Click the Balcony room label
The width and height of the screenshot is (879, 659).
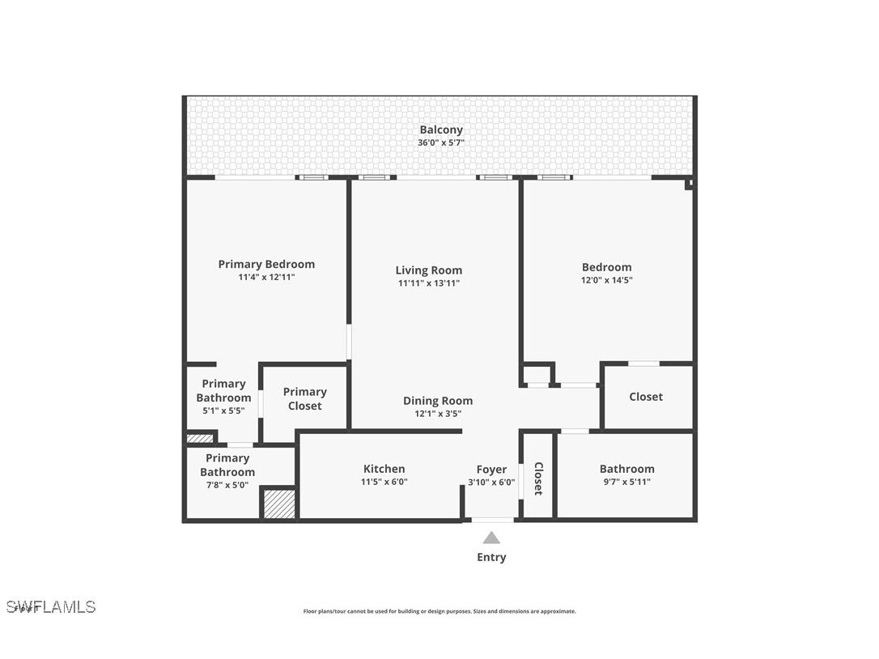coord(440,130)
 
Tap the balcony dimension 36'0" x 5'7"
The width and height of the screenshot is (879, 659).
coord(440,143)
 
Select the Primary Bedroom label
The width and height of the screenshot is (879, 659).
coord(266,264)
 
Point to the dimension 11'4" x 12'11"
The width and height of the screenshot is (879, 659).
coord(266,277)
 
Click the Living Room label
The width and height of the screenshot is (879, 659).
coord(429,270)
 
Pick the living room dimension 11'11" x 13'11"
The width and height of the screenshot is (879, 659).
coord(429,283)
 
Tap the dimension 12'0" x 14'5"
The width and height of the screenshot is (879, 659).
coord(606,280)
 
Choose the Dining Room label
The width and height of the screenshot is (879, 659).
coord(438,401)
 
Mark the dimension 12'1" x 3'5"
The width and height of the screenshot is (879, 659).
coord(438,414)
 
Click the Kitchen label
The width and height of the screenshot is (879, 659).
coord(384,469)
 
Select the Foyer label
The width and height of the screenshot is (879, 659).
coord(491,470)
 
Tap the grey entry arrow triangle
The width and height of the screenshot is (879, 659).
coord(491,538)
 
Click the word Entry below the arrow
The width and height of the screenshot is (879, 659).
coord(491,557)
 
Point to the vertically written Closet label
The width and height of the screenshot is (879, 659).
coord(538,478)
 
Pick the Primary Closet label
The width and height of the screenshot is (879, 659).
coord(305,398)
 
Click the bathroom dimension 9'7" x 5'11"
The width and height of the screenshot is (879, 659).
coord(626,482)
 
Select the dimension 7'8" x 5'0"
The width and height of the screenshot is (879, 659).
coord(227,485)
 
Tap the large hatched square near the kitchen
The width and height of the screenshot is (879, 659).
coord(279,503)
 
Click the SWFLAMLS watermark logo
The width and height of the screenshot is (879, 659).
coord(51,606)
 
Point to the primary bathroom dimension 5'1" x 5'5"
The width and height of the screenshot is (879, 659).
coord(223,410)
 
